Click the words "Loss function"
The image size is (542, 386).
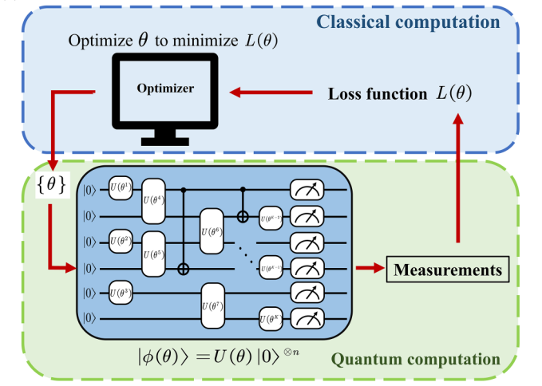point(378,94)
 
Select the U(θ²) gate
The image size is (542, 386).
point(119,238)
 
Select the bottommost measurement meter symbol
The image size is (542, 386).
point(305,319)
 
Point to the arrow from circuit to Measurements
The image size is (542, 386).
point(369,270)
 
